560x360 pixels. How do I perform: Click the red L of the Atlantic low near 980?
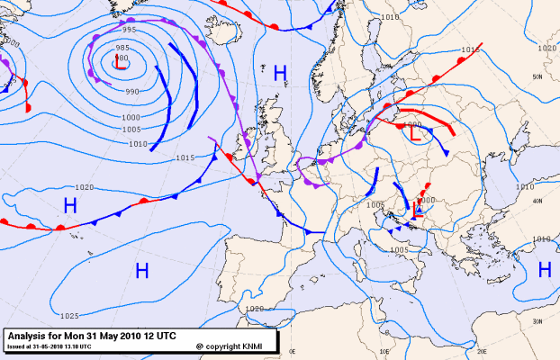(118, 64)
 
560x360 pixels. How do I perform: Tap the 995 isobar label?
(130, 30)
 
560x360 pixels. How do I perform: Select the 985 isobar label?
(122, 48)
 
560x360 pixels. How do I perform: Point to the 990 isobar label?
(132, 91)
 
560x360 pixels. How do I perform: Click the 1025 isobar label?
(69, 316)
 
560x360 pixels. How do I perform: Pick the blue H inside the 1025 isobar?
(141, 269)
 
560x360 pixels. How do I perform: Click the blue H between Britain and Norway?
(280, 71)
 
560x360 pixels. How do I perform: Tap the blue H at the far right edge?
(545, 269)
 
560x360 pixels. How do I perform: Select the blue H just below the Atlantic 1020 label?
(69, 205)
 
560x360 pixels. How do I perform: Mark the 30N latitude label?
(537, 321)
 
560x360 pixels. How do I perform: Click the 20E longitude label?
(482, 351)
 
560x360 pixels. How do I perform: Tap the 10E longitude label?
(384, 351)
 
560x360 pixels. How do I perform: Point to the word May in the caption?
(115, 335)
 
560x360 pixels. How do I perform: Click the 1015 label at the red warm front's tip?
(469, 50)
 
